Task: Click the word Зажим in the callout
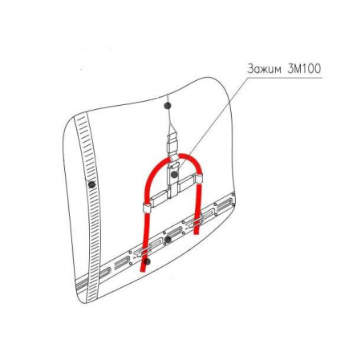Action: tap(264, 69)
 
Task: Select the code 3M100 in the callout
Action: tap(304, 69)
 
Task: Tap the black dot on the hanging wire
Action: tap(168, 106)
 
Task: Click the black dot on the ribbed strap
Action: tap(92, 184)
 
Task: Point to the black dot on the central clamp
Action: tap(174, 175)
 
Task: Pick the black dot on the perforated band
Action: tap(168, 240)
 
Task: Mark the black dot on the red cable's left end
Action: tap(146, 261)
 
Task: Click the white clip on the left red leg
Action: tap(146, 208)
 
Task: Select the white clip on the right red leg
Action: tap(199, 178)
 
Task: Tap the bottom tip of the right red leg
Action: tap(197, 233)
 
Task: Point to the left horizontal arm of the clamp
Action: tap(159, 199)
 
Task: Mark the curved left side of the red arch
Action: tap(152, 176)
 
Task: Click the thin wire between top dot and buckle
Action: tap(168, 122)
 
